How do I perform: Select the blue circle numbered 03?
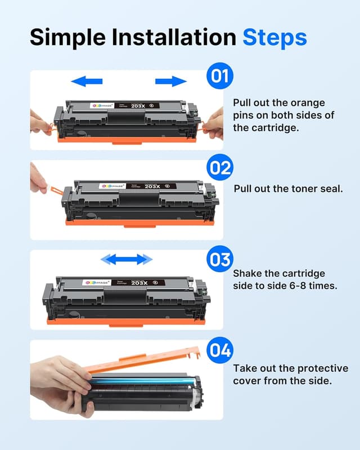[x=219, y=260]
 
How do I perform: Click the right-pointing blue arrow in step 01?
[x=171, y=82]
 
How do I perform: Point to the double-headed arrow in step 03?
[x=127, y=259]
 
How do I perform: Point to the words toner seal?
[x=314, y=188]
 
